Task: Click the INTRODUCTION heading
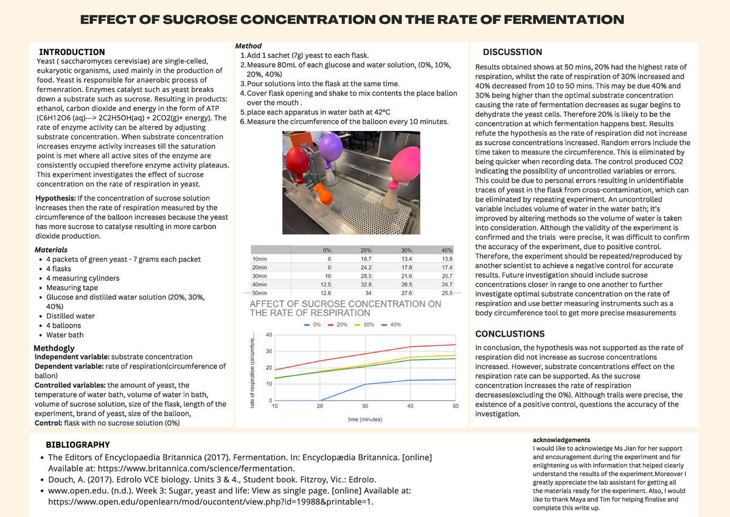coord(72,52)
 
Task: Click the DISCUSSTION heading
coord(512,52)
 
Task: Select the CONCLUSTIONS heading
coord(510,334)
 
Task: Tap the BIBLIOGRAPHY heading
coord(78,445)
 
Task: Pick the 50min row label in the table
coord(259,292)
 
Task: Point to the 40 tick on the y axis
coord(269,335)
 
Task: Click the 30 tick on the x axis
coord(365,406)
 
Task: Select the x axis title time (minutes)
coord(365,420)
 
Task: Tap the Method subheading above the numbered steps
coord(248,46)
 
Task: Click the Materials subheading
coord(51,250)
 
